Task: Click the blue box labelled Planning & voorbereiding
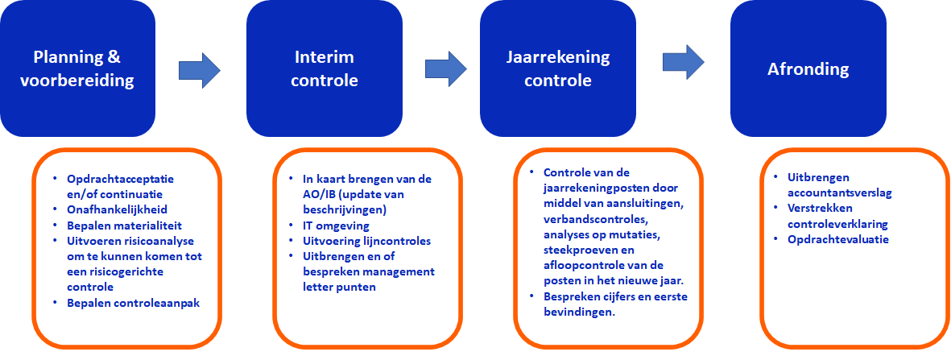coord(77,68)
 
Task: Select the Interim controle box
coord(325,68)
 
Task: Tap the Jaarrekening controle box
coord(558,68)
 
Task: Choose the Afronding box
coord(808,68)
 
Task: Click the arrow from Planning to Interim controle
coord(200,70)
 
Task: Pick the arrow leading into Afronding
coord(684,62)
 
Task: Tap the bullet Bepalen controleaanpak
coord(134,302)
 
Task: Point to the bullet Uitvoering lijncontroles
coord(367,241)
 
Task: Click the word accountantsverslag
coord(840,193)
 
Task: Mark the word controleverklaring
coord(837,224)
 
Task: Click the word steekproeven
coord(579,250)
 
